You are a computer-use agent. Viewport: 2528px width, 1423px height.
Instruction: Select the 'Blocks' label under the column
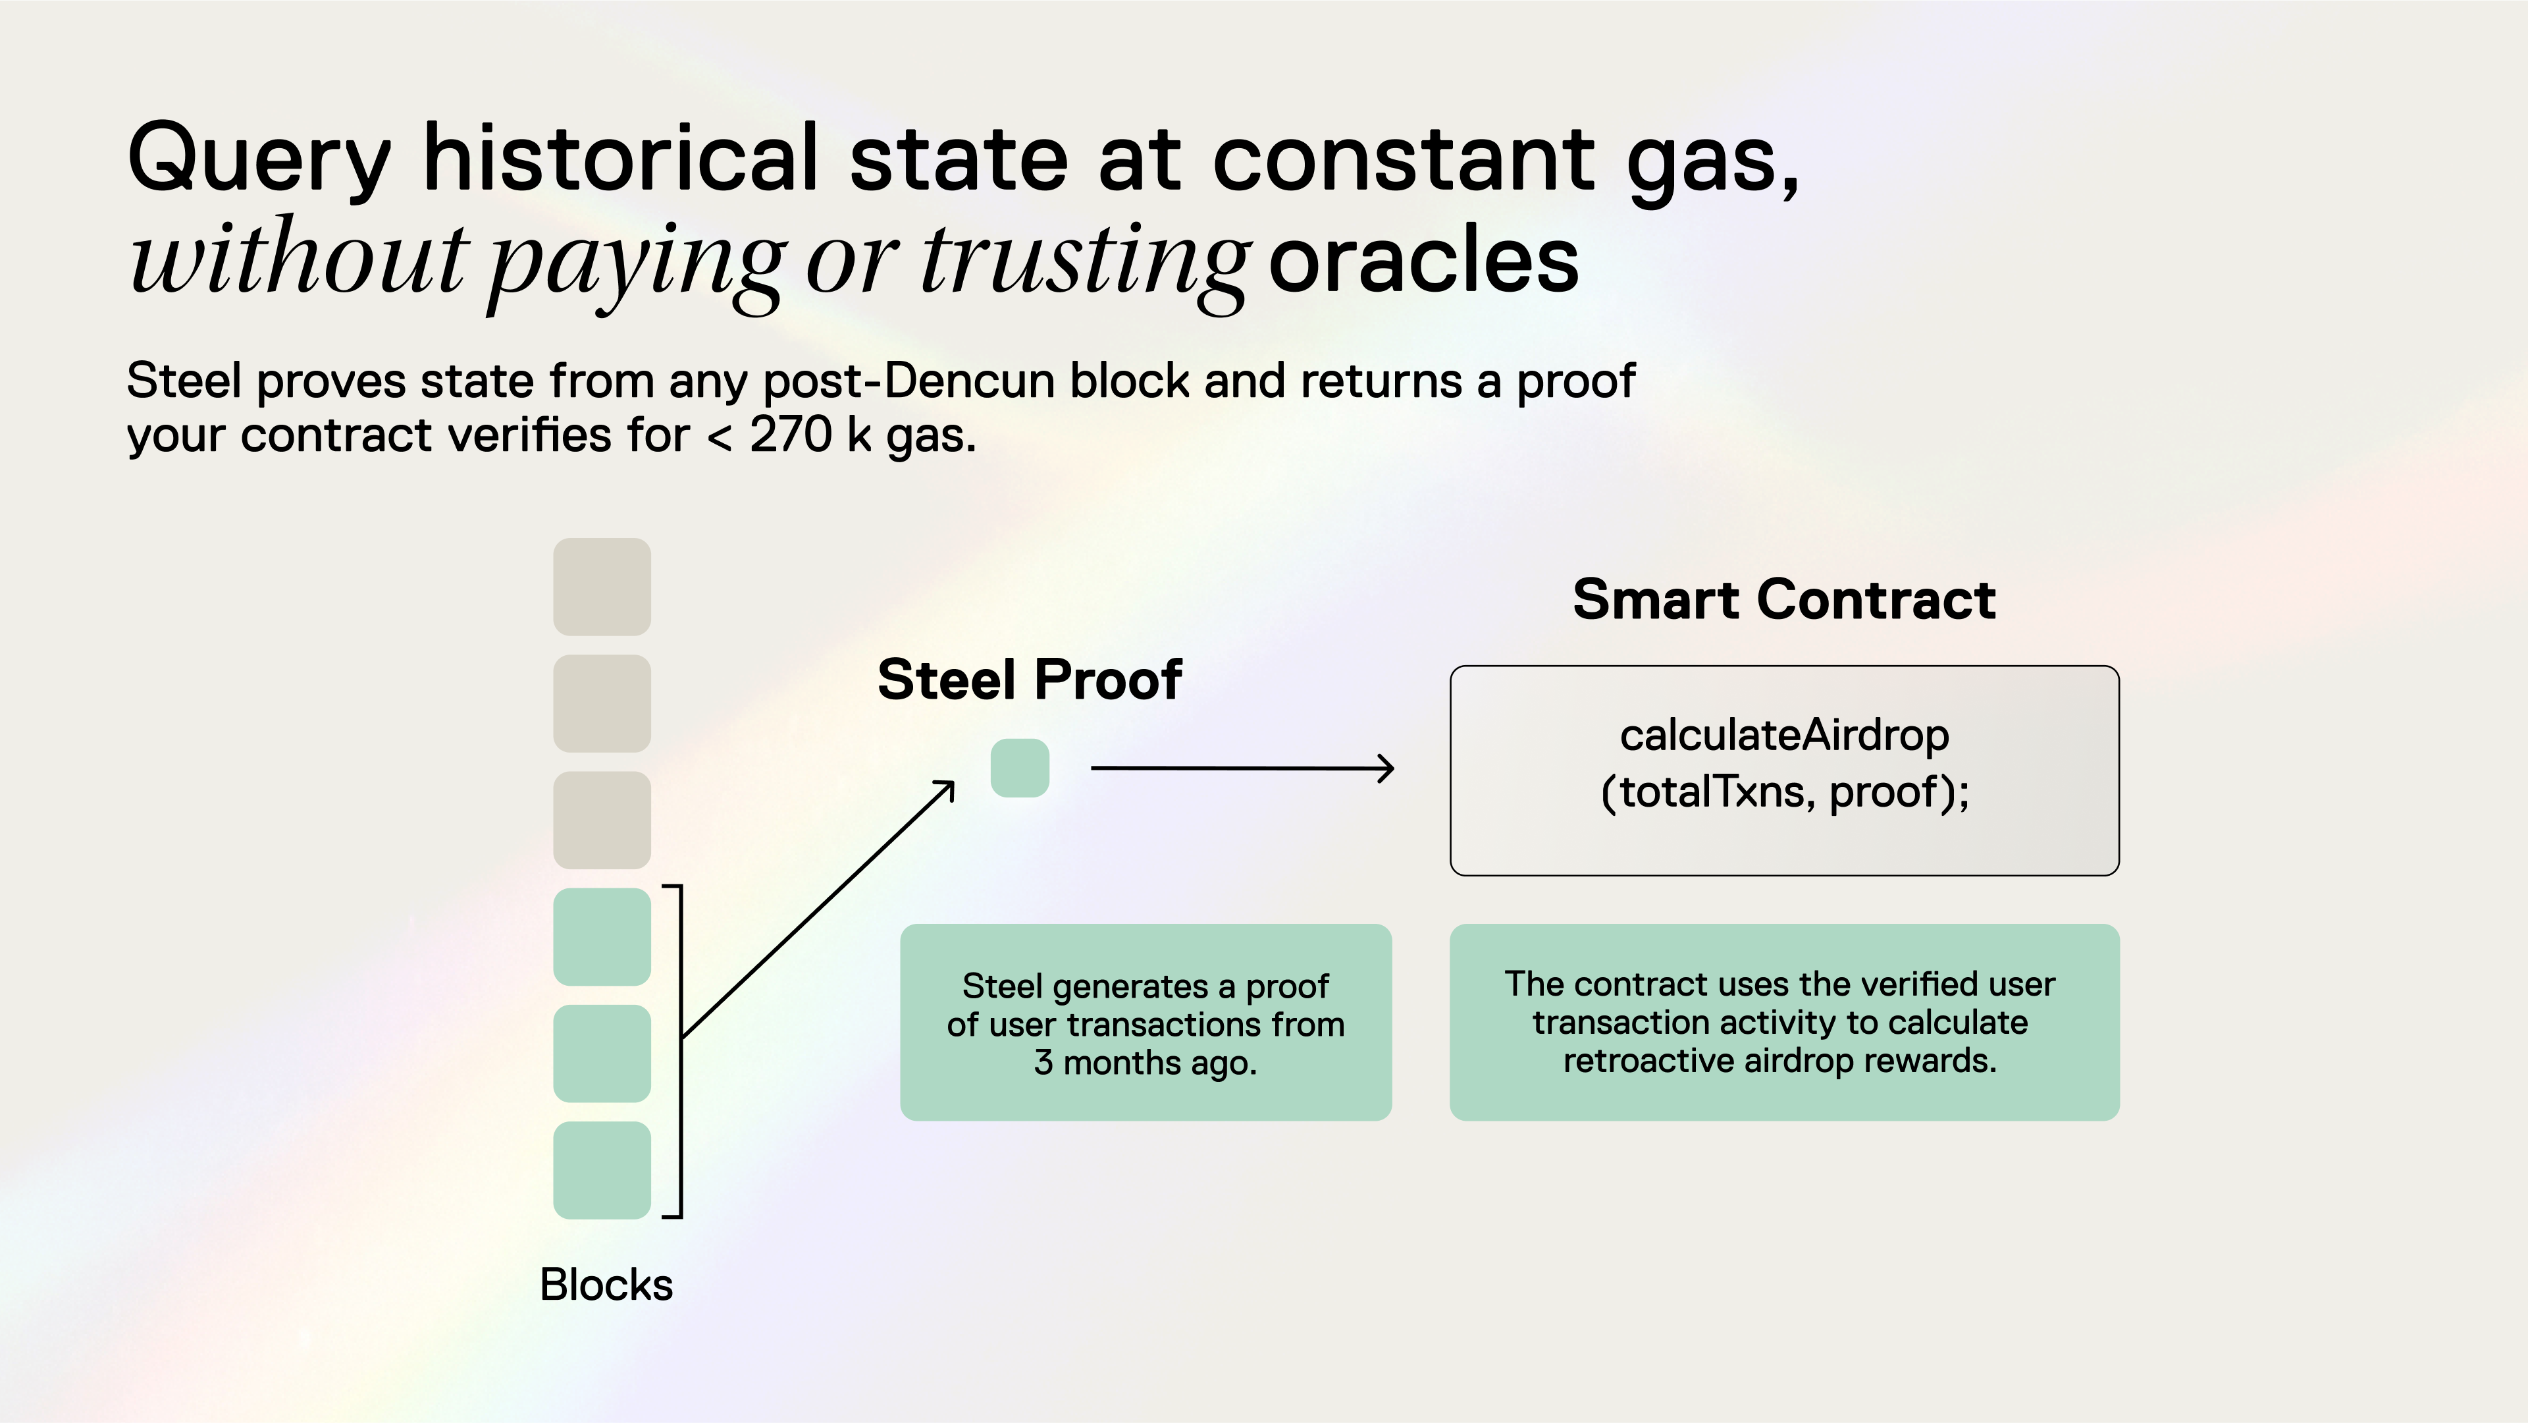coord(606,1285)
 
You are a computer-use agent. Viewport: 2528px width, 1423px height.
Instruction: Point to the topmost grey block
coord(602,586)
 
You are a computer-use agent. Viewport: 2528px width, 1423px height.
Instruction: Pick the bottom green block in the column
coord(602,1169)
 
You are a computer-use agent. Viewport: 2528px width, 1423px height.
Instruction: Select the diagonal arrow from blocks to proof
coord(818,909)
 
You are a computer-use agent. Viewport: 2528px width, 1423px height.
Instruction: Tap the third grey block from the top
coord(602,819)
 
